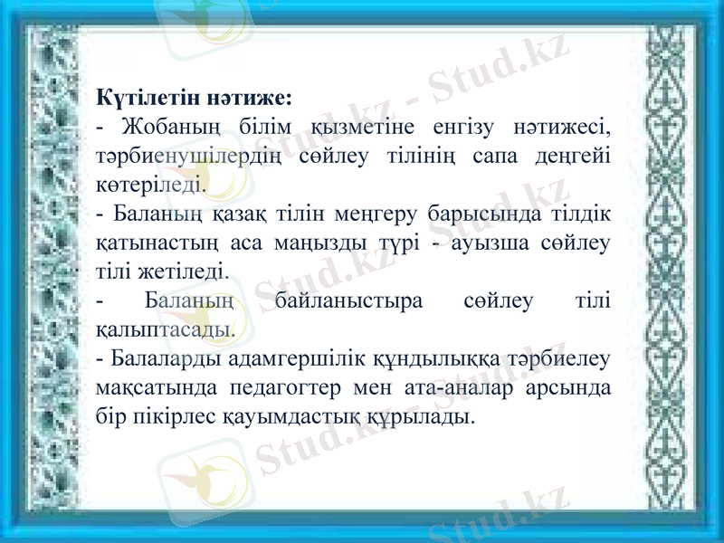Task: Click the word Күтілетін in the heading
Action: point(143,95)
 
